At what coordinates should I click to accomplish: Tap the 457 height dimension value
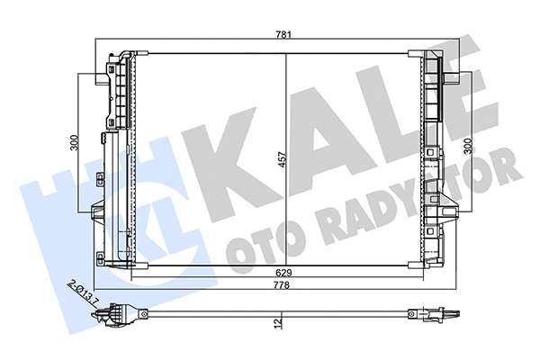(x=280, y=159)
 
